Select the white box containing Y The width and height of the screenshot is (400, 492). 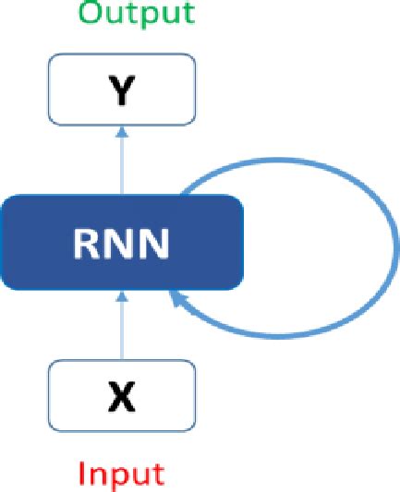[122, 89]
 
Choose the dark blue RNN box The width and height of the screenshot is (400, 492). [122, 242]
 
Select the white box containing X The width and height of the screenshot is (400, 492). [122, 396]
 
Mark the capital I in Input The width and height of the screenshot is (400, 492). [80, 474]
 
